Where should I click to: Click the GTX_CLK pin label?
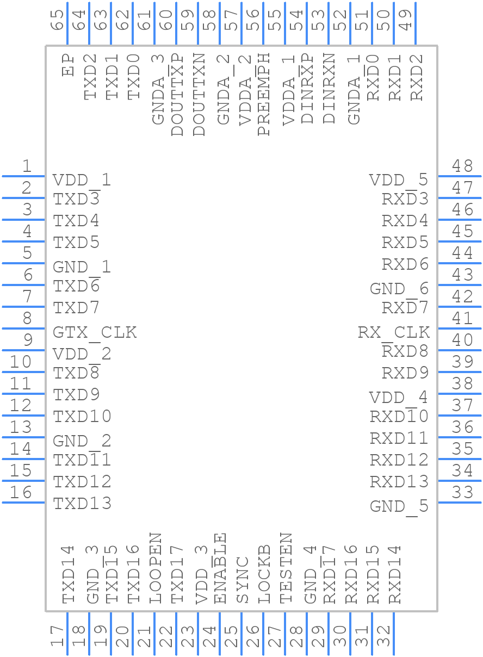point(95,333)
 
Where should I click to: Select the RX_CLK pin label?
point(394,333)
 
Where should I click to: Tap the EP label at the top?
point(68,65)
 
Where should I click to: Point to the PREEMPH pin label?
point(263,95)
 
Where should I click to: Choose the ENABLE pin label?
point(220,568)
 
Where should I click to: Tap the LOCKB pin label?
point(264,574)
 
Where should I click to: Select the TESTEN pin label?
point(286,568)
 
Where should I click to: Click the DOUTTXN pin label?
point(199,95)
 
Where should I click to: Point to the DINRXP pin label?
point(307,89)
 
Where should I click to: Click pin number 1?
point(27,166)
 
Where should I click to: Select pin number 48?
point(462,166)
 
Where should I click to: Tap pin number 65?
point(57,20)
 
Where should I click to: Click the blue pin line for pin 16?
point(23,503)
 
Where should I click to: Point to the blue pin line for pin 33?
point(460,503)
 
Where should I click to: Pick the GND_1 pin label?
point(82,268)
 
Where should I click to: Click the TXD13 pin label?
point(82,503)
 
